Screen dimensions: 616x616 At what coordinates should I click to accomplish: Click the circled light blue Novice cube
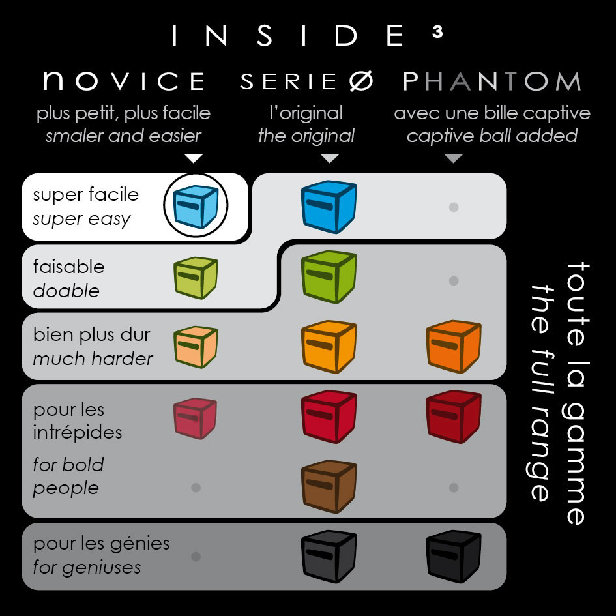tap(196, 206)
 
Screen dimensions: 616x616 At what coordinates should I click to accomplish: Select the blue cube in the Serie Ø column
tap(329, 207)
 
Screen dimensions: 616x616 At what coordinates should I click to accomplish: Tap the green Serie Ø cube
tap(329, 277)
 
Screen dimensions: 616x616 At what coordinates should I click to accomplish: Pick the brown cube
tap(329, 487)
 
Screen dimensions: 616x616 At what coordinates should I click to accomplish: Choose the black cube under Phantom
tap(453, 556)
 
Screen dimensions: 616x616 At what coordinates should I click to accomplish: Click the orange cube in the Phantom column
tap(453, 347)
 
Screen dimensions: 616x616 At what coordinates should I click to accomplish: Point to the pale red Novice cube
tap(196, 418)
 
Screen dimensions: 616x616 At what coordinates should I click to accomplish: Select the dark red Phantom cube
tap(453, 417)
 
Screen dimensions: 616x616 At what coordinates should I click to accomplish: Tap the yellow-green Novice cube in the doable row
tap(196, 278)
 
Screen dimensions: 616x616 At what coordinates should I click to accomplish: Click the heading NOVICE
tap(124, 81)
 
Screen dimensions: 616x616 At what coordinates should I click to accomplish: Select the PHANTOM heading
tap(492, 81)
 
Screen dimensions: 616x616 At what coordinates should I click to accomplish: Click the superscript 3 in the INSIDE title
tap(437, 32)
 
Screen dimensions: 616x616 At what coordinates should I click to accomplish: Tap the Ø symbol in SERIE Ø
tap(361, 81)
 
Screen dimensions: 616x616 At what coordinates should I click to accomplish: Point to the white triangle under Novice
tap(194, 158)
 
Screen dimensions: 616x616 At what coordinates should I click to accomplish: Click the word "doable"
tap(66, 291)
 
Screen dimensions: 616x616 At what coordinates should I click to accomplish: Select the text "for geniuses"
tap(87, 567)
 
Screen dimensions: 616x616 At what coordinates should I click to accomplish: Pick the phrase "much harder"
tap(93, 359)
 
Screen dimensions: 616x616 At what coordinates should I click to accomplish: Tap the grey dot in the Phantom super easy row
tap(454, 207)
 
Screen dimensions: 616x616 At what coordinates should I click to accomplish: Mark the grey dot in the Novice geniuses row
tap(196, 557)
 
